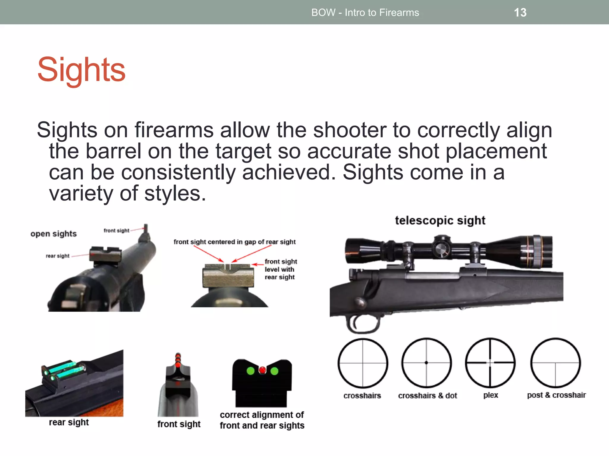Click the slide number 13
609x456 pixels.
point(520,12)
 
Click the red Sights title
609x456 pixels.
point(81,70)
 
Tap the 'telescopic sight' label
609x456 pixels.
point(440,221)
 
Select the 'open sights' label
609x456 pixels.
point(54,234)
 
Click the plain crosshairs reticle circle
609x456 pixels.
point(363,363)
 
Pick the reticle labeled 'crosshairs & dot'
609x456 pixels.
point(426,363)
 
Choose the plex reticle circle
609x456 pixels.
point(490,363)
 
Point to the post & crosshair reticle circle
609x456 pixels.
point(555,363)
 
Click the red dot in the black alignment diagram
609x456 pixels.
point(262,370)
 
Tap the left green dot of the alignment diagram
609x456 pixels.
point(251,371)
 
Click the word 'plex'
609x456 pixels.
point(491,395)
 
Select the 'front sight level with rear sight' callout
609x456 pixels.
point(281,269)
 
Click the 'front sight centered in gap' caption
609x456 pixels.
point(235,242)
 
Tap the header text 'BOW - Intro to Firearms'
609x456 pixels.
point(365,12)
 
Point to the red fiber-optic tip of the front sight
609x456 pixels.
point(178,359)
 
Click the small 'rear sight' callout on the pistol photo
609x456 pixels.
point(57,256)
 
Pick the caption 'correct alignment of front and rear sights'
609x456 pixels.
point(262,420)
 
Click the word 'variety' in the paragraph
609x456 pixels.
point(81,194)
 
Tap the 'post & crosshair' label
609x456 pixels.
point(556,395)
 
